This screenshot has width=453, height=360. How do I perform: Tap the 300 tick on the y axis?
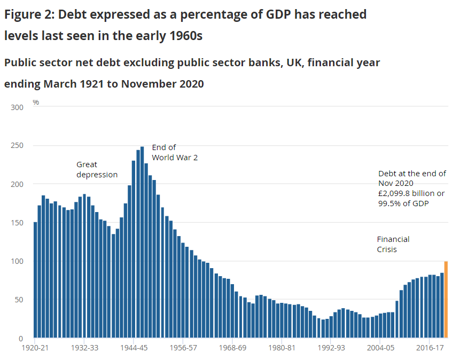[17, 107]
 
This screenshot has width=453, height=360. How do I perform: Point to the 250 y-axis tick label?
[17, 146]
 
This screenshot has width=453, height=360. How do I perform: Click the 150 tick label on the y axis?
[17, 223]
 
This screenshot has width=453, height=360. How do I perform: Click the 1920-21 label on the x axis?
[35, 348]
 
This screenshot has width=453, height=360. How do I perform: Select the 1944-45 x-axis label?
[134, 348]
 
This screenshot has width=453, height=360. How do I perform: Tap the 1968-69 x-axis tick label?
[233, 348]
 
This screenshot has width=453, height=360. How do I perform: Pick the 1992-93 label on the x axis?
[332, 348]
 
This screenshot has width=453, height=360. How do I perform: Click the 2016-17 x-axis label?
[431, 348]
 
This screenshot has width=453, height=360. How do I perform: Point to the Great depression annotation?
[97, 169]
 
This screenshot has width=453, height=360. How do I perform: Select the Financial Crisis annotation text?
[393, 244]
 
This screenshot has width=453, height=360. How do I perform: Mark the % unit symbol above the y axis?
[36, 101]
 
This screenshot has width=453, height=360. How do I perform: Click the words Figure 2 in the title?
[28, 14]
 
